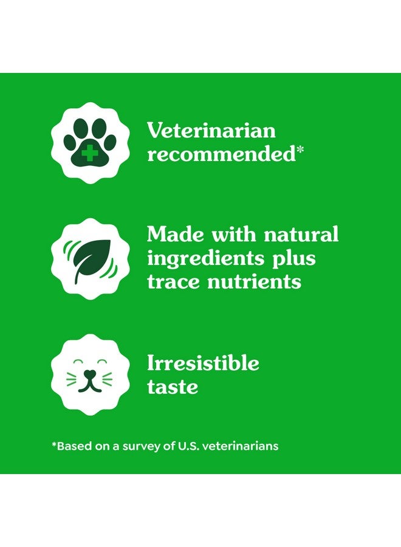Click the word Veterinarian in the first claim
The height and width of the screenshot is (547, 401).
pyautogui.click(x=211, y=130)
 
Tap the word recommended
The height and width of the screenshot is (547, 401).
pyautogui.click(x=221, y=154)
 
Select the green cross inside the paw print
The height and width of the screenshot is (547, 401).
pyautogui.click(x=89, y=154)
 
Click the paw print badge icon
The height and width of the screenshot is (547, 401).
pyautogui.click(x=90, y=142)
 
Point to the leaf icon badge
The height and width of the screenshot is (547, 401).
pyautogui.click(x=90, y=258)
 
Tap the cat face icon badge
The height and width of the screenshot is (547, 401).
pyautogui.click(x=90, y=373)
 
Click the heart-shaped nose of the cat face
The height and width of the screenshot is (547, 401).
pyautogui.click(x=90, y=374)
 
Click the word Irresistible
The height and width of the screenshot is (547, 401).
pyautogui.click(x=203, y=363)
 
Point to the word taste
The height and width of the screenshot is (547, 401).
pyautogui.click(x=172, y=387)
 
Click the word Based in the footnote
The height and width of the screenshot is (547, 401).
pyautogui.click(x=72, y=446)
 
